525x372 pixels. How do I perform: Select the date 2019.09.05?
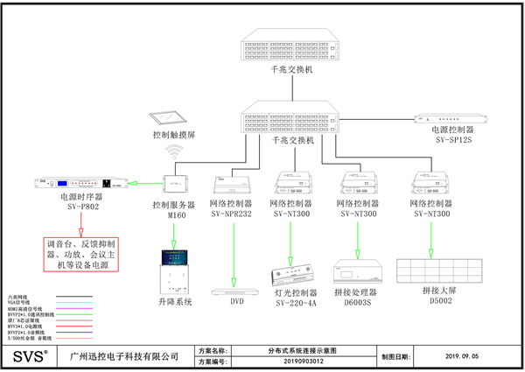pyautogui.click(x=461, y=357)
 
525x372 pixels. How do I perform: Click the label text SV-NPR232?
pyautogui.click(x=231, y=213)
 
